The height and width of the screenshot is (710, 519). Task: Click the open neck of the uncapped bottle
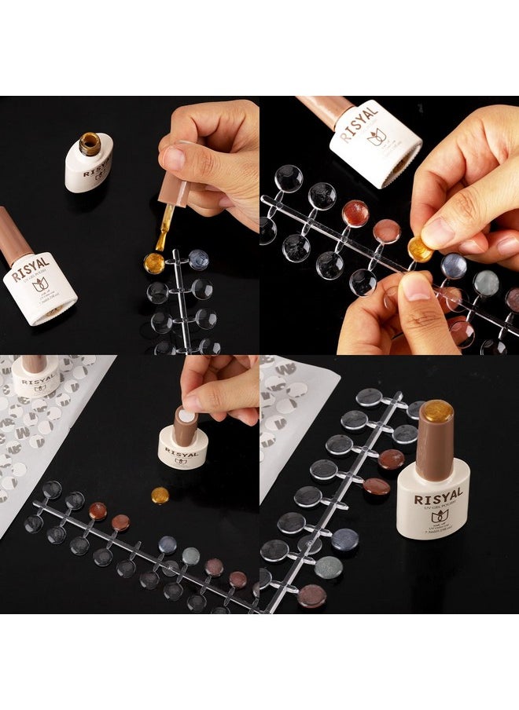tap(89, 143)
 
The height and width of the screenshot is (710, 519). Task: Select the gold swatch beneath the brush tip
tap(154, 263)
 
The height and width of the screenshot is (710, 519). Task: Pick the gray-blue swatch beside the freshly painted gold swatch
tap(198, 259)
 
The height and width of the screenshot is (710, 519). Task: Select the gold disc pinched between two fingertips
tap(421, 250)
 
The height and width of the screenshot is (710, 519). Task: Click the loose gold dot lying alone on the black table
tap(160, 496)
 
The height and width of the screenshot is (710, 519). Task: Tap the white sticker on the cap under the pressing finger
tap(186, 415)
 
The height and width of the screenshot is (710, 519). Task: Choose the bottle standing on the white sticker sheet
tap(36, 376)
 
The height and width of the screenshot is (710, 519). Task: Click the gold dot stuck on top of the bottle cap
tap(437, 411)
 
